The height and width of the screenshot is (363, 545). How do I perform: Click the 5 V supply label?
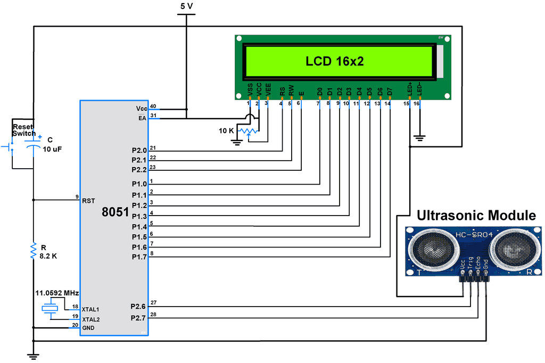186,6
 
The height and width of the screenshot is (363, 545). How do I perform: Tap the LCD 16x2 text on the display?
334,61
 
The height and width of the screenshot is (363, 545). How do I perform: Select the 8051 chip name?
115,212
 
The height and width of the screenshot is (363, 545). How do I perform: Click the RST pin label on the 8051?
88,201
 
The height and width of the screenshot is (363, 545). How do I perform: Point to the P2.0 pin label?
138,151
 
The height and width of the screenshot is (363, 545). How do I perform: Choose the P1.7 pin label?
138,258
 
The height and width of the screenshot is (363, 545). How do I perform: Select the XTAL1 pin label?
90,309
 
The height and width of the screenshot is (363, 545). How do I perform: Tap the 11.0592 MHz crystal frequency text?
57,293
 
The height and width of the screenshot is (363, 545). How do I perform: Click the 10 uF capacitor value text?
52,150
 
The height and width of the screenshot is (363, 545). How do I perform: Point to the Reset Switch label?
24,130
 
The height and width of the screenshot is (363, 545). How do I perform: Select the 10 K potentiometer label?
226,131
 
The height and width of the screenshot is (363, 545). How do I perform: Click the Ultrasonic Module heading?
476,216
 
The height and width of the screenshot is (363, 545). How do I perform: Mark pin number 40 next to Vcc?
153,106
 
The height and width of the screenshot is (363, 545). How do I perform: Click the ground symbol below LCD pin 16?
420,138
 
